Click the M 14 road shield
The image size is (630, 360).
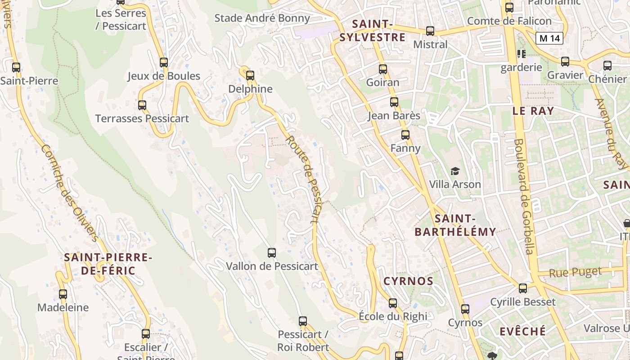549,38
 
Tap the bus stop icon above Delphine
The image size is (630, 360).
250,75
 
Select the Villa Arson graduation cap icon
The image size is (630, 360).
455,171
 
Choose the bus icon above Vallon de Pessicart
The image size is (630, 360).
272,252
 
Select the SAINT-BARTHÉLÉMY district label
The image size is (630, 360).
455,225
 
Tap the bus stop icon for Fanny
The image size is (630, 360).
405,135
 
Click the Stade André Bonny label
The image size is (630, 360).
262,18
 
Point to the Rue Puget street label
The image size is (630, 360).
576,272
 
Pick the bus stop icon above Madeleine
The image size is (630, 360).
63,294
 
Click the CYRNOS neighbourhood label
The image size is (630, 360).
408,281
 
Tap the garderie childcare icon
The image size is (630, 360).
522,54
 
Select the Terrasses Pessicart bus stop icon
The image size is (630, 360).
142,105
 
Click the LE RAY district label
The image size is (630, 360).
533,111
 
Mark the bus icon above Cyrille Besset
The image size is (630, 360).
523,288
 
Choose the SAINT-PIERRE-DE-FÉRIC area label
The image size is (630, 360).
108,264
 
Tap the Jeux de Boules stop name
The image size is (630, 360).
164,76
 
